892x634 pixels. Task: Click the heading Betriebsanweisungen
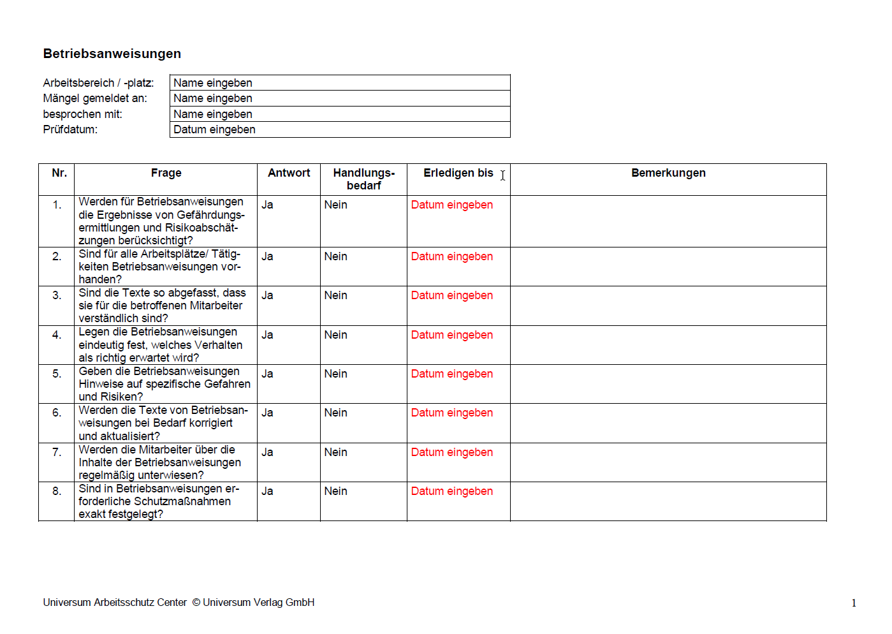[x=112, y=54]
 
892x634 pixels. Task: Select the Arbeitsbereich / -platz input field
[x=340, y=83]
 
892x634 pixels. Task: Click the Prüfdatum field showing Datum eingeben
[x=340, y=129]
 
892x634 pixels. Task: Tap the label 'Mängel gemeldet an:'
[x=95, y=98]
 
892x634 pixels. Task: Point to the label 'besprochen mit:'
[x=83, y=114]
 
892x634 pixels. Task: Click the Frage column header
[x=166, y=173]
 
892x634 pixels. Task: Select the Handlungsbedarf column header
[x=363, y=179]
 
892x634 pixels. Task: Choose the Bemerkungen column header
[x=668, y=173]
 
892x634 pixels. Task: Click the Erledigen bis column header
[x=458, y=173]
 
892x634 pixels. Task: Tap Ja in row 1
[x=267, y=205]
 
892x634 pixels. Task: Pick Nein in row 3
[x=335, y=295]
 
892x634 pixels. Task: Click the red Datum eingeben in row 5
[x=451, y=374]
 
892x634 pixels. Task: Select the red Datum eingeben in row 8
[x=451, y=491]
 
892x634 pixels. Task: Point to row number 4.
[x=57, y=335]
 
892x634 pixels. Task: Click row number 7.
[x=57, y=452]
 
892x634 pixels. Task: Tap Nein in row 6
[x=335, y=413]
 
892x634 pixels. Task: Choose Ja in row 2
[x=267, y=256]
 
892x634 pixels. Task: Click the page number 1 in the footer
[x=854, y=603]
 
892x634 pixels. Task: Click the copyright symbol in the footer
[x=196, y=602]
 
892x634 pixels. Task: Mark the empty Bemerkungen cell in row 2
[x=668, y=267]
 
